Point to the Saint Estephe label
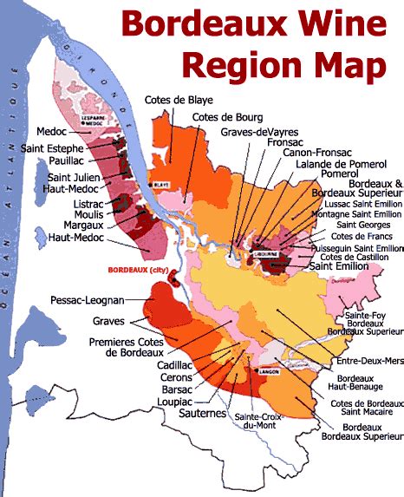(53, 148)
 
